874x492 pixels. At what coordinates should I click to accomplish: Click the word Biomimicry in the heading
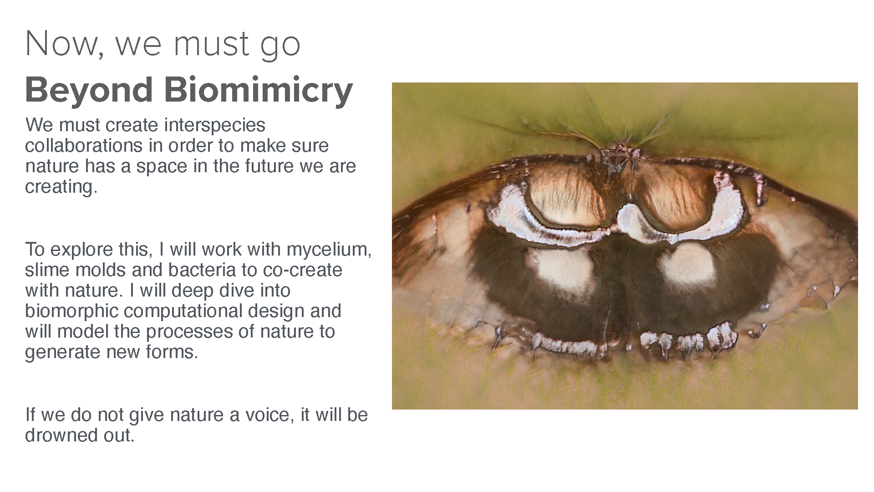click(x=258, y=91)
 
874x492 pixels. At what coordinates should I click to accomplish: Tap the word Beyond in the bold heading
click(x=89, y=91)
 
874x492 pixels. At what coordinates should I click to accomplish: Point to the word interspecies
click(x=215, y=125)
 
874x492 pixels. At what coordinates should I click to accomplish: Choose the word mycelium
click(x=329, y=250)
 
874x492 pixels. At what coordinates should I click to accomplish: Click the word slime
click(x=47, y=270)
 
